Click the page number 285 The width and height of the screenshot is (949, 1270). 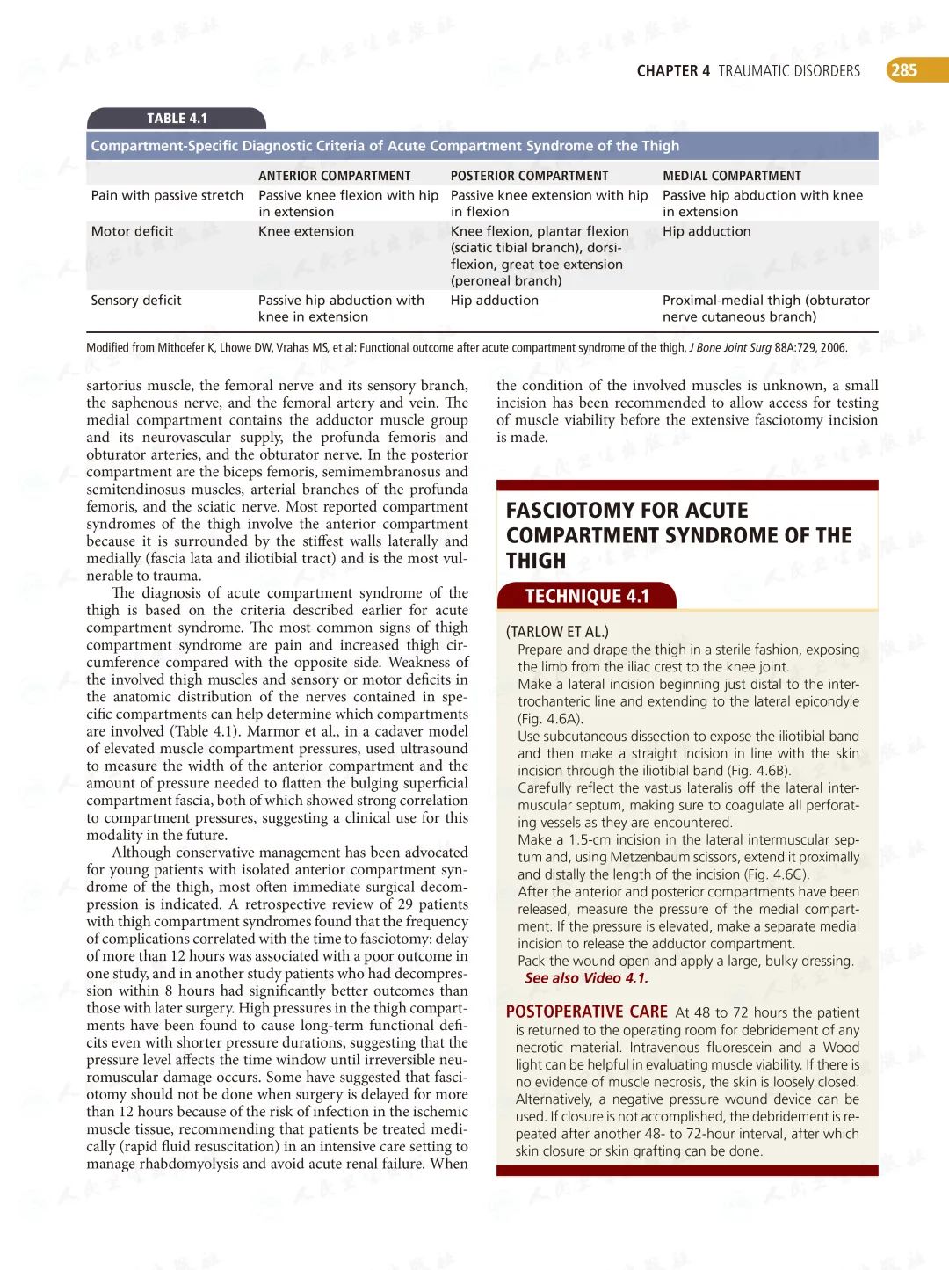pos(904,70)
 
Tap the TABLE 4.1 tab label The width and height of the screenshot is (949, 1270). pos(177,119)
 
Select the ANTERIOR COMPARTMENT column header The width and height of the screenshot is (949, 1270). pos(334,176)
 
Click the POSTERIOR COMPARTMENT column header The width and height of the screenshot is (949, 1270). pos(529,176)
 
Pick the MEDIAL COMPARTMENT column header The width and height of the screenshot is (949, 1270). pos(731,176)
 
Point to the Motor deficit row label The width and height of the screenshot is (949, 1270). pos(132,231)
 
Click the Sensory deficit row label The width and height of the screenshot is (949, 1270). pos(136,301)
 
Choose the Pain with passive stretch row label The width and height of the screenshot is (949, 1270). pos(167,195)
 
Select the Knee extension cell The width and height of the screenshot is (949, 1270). pos(306,231)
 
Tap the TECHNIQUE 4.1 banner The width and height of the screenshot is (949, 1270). pos(586,596)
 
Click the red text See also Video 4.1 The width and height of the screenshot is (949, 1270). pos(586,978)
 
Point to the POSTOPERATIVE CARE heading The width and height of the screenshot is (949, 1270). pos(586,1012)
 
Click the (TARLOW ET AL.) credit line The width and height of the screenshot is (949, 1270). pos(557,631)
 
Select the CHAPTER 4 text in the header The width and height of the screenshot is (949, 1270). pos(673,71)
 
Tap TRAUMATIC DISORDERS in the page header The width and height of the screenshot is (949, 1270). pos(789,71)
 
